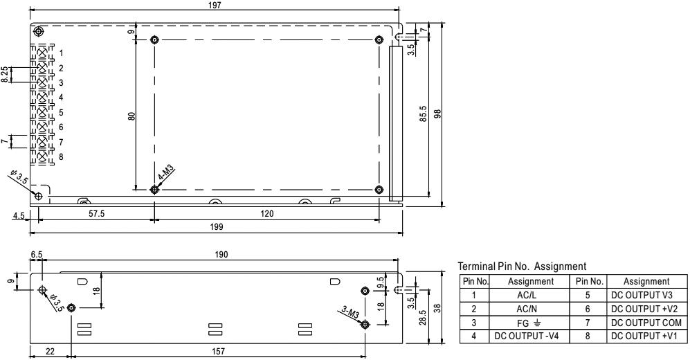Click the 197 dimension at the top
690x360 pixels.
215,6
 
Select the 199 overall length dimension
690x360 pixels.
217,227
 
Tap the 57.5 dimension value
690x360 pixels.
97,214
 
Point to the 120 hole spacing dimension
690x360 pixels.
266,214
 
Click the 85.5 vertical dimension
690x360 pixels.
424,114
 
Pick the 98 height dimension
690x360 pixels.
437,114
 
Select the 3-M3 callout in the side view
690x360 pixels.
351,313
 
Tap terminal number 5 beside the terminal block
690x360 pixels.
61,113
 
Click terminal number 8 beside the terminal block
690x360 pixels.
61,157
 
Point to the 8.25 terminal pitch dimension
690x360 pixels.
4,75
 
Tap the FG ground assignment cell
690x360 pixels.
529,323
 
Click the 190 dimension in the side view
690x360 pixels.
221,254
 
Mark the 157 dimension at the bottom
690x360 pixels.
218,351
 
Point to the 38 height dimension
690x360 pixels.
437,307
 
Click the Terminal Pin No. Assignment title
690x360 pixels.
522,267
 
